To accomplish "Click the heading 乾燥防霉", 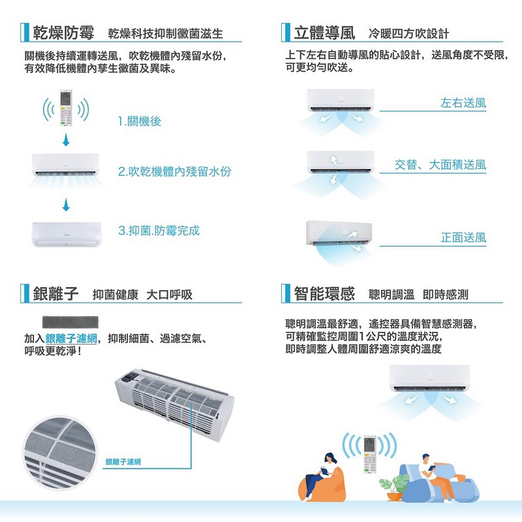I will click(x=64, y=33).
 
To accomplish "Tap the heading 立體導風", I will click(x=324, y=33).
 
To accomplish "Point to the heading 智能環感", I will click(x=324, y=294).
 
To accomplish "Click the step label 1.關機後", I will click(x=140, y=121).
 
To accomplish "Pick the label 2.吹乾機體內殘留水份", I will click(x=174, y=172).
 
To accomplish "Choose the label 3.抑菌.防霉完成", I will click(x=159, y=230).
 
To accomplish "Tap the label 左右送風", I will click(x=463, y=103).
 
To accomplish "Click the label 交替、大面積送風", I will click(x=440, y=165).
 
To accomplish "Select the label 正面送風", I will click(x=463, y=237).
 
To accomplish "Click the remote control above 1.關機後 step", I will click(x=65, y=108).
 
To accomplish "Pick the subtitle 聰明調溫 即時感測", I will click(x=418, y=295).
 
